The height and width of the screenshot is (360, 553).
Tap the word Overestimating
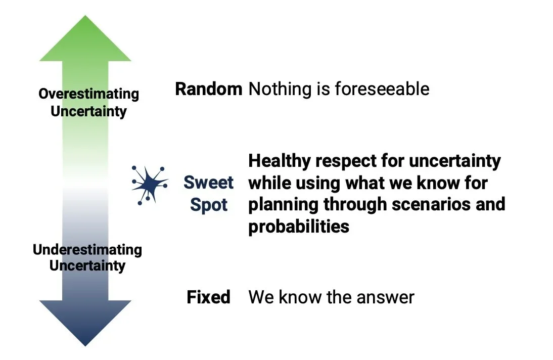88,94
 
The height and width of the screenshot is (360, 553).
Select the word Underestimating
87,250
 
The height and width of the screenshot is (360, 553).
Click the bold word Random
208,89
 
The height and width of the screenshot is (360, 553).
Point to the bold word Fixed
208,297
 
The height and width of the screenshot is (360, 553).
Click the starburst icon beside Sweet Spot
149,183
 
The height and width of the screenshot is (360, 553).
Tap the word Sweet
208,182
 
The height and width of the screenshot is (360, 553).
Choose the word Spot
208,205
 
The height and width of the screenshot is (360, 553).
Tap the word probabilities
298,227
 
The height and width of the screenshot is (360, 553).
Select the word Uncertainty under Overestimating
88,111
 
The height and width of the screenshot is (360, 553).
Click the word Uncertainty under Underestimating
87,266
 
